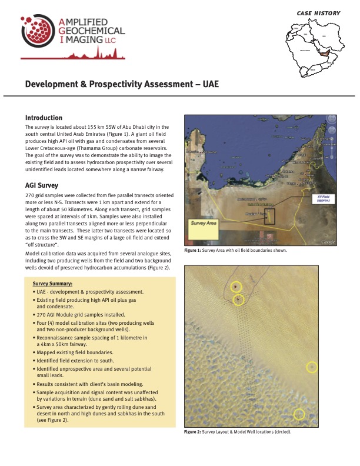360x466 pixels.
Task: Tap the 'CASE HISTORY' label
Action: (x=319, y=12)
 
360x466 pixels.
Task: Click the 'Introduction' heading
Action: (x=44, y=118)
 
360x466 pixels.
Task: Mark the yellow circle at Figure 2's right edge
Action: (x=312, y=368)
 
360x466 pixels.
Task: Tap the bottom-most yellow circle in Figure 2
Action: (x=299, y=414)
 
